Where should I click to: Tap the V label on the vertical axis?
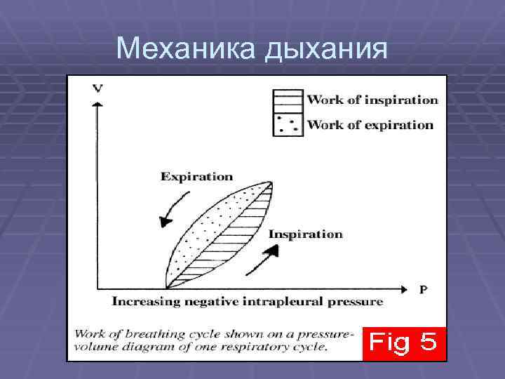click(x=97, y=88)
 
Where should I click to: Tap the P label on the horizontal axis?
click(x=423, y=288)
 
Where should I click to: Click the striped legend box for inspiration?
click(x=288, y=100)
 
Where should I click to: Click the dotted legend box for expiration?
click(x=288, y=124)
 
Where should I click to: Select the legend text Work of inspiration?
click(x=372, y=100)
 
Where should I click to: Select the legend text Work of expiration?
click(x=370, y=125)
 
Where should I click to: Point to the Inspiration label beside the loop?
click(x=306, y=234)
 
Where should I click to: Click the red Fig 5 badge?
click(x=403, y=343)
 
